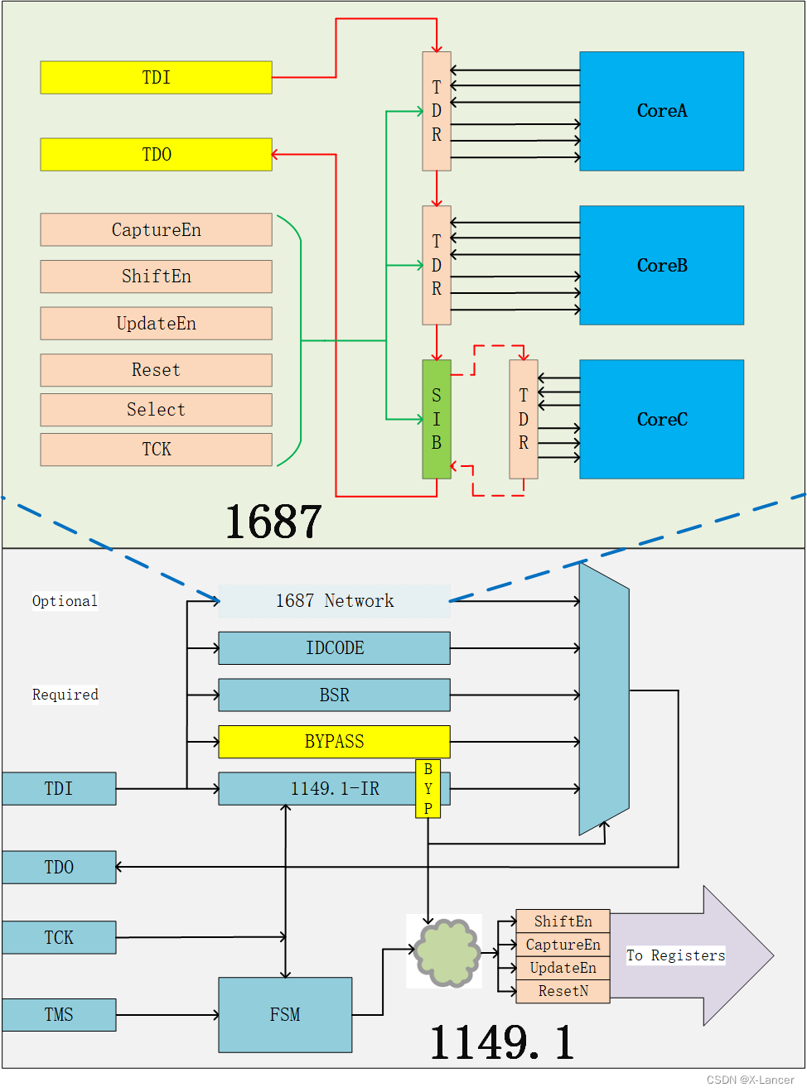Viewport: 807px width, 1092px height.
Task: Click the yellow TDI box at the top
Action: (156, 78)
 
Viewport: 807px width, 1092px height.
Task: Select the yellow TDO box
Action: (156, 155)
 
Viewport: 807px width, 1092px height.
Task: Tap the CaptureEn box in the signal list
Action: (156, 230)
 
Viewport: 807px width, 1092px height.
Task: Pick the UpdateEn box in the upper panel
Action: (156, 324)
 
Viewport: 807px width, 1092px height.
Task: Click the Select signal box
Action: (156, 410)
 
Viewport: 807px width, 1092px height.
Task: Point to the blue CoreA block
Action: (661, 111)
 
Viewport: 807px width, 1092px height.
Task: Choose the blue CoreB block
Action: (661, 266)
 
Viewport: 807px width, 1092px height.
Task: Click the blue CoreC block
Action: (661, 420)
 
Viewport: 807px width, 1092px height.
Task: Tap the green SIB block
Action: (437, 420)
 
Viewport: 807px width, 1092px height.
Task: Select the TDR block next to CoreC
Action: (524, 420)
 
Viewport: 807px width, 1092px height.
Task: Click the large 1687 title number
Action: (273, 522)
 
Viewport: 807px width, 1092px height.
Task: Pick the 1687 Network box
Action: (334, 601)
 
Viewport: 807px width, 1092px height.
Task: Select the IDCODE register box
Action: (334, 648)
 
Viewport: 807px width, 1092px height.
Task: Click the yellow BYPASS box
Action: (334, 742)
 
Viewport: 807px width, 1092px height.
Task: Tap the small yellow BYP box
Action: (428, 789)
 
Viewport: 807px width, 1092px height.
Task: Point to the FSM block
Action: (285, 1015)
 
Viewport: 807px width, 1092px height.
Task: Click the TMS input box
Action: (59, 1015)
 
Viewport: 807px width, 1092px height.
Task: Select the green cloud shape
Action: (447, 952)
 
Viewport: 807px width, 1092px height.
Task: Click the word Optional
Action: (65, 601)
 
